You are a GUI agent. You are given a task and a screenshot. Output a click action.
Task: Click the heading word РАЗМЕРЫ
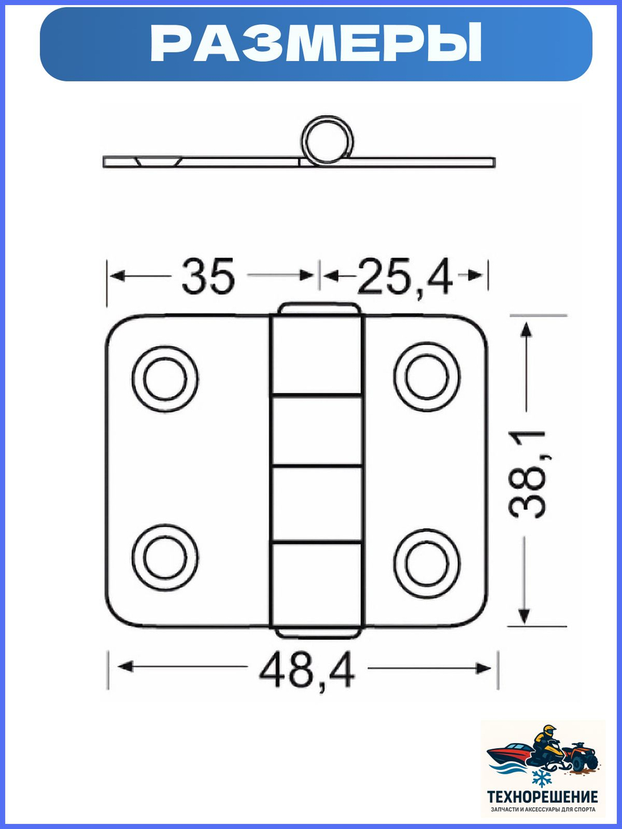316,44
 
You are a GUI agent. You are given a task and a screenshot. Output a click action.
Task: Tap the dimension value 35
208,276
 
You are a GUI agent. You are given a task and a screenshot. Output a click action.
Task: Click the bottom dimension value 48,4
307,670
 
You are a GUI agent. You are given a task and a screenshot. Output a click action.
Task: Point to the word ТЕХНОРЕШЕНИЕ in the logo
542,797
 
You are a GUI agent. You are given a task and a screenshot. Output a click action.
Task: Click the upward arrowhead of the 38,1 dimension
526,329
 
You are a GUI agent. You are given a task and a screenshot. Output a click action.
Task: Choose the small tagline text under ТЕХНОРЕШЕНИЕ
543,810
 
